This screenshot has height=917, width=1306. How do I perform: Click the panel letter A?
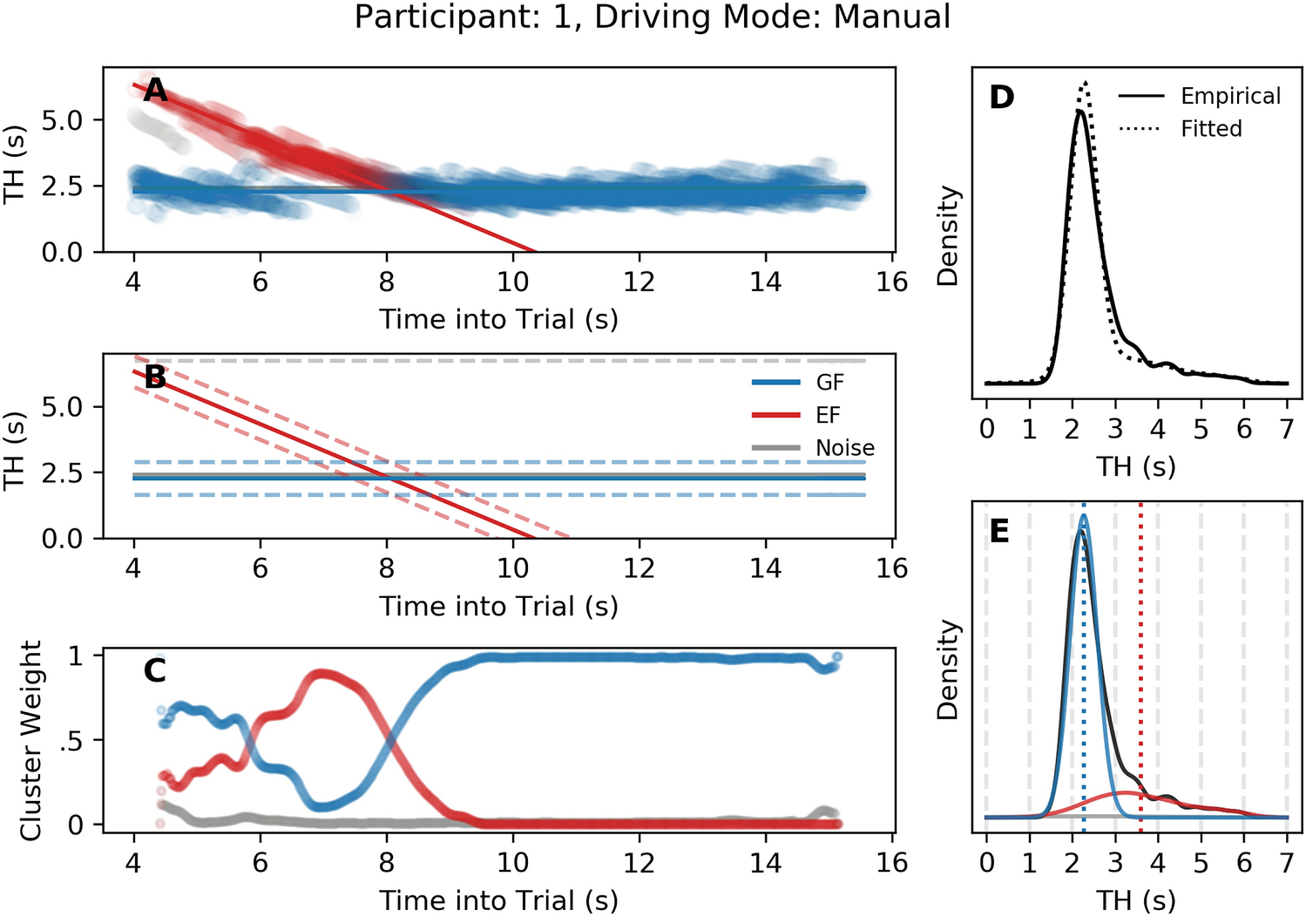155,90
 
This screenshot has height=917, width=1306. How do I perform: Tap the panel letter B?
155,377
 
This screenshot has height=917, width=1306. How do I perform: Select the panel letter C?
155,670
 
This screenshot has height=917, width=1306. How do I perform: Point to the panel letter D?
1002,97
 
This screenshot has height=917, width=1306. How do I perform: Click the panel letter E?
999,531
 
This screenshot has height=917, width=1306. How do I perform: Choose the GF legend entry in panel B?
829,383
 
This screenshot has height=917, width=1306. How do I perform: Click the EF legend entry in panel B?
828,415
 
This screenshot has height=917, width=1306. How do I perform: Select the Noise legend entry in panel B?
844,448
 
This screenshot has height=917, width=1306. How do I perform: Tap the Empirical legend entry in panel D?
1230,96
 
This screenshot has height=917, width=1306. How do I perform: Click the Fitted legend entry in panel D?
1211,129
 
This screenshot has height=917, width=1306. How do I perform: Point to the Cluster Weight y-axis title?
31,741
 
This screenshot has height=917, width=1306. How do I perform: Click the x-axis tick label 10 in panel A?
512,282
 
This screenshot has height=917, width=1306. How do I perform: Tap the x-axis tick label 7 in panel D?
1286,429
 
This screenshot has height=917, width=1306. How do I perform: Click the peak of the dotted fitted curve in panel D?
1086,82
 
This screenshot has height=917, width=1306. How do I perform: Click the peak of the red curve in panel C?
321,674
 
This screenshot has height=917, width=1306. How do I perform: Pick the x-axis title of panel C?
498,900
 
